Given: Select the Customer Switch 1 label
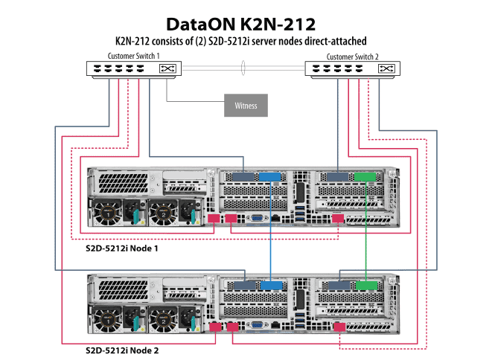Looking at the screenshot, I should click(133, 56).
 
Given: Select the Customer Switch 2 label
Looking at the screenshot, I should click(352, 56).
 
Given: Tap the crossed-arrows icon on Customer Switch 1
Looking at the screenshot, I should click(168, 69).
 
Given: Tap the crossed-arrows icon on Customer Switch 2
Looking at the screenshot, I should click(386, 69).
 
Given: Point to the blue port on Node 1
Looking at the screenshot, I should click(269, 177).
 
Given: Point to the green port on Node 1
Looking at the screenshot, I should click(365, 177).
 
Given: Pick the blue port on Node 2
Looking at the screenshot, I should click(269, 285).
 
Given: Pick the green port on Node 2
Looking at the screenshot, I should click(365, 285).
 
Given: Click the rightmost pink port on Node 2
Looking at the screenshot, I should click(339, 327).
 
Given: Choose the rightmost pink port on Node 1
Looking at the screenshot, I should click(339, 219).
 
